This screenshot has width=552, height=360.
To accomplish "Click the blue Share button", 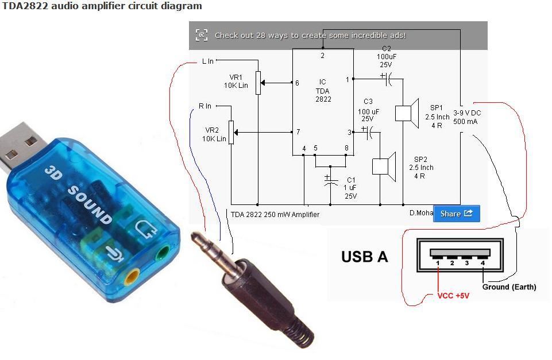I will click(x=456, y=214).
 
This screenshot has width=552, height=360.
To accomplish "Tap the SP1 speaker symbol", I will click(x=406, y=113).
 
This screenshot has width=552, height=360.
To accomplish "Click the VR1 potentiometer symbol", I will click(x=258, y=84).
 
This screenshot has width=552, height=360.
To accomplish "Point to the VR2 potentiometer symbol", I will click(x=231, y=132).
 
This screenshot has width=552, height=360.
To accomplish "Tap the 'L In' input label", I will click(x=208, y=61).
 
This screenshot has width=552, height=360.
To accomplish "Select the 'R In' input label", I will click(x=205, y=106).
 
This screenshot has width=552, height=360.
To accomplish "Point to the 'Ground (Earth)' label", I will click(x=509, y=287).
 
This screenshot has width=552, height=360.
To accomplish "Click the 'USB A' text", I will click(x=364, y=257).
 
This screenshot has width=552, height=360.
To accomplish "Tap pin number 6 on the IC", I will click(x=297, y=83).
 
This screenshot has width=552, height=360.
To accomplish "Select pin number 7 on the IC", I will click(x=298, y=132).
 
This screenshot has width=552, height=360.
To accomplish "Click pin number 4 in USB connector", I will click(x=482, y=262).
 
